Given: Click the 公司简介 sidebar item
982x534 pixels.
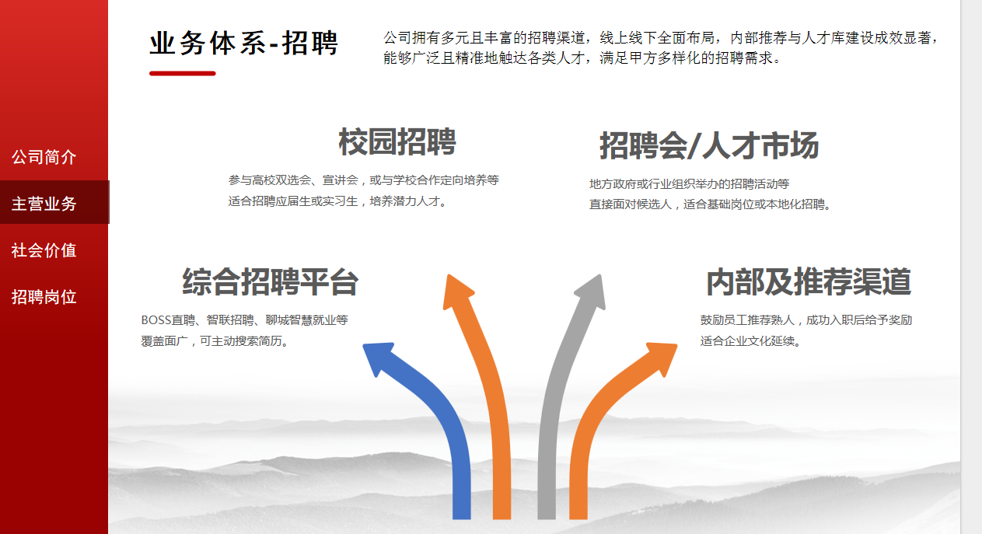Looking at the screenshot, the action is click(x=44, y=157).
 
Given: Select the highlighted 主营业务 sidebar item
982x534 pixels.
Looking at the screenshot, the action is click(x=44, y=204).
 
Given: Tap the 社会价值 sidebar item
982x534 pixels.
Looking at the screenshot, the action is click(x=44, y=250).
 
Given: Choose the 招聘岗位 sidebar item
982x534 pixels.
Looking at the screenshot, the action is click(x=44, y=297).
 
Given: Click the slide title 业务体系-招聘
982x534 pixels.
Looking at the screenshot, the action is click(x=243, y=43).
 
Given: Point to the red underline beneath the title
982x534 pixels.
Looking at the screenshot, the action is click(x=183, y=73).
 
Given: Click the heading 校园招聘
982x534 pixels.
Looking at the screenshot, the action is click(x=397, y=142).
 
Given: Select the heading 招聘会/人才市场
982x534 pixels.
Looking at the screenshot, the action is click(x=709, y=145).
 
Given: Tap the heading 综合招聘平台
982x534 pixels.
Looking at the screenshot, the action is click(x=271, y=282).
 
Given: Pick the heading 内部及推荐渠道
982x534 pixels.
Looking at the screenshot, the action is click(x=809, y=282).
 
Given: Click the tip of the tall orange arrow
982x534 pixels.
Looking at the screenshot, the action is click(x=449, y=275).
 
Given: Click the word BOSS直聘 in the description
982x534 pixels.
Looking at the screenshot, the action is click(x=168, y=320).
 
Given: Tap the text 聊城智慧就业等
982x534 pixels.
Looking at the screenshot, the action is click(x=307, y=320).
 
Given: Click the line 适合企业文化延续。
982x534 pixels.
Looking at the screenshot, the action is click(x=750, y=341).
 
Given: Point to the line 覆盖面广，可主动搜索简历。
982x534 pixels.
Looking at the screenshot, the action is click(x=215, y=341).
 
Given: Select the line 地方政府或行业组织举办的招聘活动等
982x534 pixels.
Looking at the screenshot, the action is click(x=689, y=183).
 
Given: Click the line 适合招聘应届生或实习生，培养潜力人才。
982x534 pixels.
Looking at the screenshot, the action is click(x=337, y=201).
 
